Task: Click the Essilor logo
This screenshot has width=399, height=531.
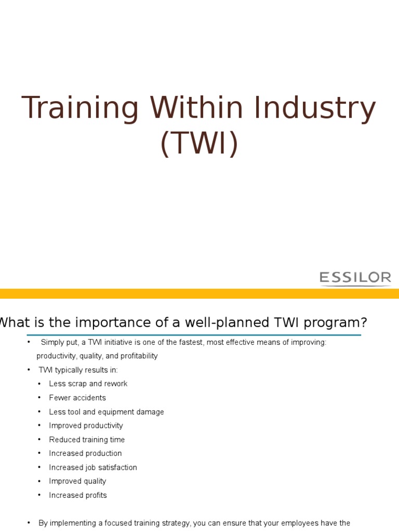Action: coord(355,278)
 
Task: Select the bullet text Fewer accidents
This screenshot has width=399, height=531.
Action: coord(77,398)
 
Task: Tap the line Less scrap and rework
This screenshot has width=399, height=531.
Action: coord(88,384)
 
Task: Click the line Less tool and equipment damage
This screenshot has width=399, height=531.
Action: coord(107,412)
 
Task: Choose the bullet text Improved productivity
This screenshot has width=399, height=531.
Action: coord(86,426)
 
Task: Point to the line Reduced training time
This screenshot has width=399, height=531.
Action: coord(87,440)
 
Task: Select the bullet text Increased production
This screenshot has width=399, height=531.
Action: coord(85,453)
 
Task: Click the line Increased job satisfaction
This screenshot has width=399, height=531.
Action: coord(93,467)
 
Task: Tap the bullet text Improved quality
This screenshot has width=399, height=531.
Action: coord(77,481)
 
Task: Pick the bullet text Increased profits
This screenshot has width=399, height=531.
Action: coord(78,495)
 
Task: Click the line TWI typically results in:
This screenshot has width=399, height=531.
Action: coord(78,370)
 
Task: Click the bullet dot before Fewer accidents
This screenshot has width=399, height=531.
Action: coord(39,398)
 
